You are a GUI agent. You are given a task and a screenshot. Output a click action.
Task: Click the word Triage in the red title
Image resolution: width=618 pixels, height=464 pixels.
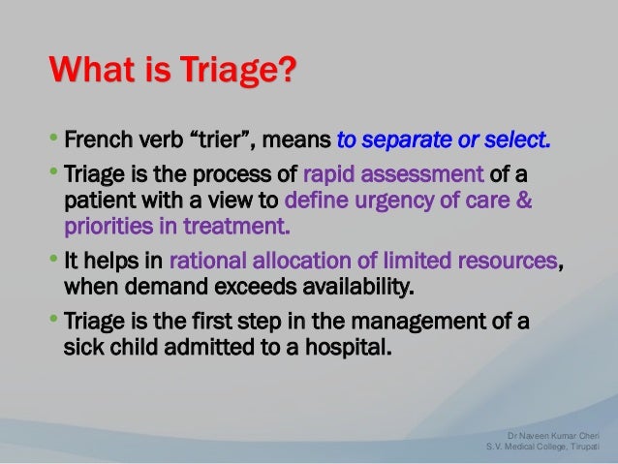click(x=231, y=70)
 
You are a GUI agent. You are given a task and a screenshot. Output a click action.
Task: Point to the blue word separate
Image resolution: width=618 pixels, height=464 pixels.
click(x=407, y=140)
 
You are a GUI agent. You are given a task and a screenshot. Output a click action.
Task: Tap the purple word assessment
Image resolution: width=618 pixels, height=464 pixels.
click(x=422, y=174)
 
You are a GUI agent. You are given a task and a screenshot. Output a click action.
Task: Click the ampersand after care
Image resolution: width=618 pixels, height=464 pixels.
click(x=524, y=200)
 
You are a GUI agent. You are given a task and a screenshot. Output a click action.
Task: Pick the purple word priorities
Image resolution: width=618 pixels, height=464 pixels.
click(x=108, y=227)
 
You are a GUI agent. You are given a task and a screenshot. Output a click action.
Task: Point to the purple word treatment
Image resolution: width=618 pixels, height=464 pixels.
click(x=236, y=227)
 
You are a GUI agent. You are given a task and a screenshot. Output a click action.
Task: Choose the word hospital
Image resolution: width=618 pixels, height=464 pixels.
click(x=349, y=348)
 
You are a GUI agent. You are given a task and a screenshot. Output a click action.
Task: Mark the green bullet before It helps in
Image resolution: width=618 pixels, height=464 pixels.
click(x=53, y=259)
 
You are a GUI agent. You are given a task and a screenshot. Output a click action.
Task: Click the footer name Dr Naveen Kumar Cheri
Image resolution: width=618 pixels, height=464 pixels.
click(x=553, y=436)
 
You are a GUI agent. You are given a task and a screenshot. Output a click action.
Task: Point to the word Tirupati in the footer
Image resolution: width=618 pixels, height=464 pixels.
click(x=585, y=447)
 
